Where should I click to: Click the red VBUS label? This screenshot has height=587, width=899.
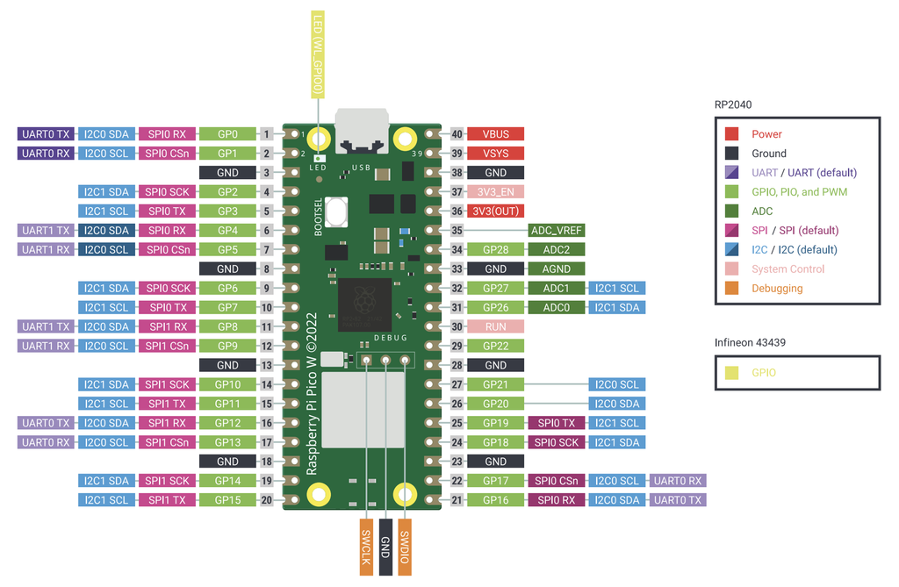[495, 134]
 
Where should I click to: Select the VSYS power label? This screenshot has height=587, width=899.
[495, 154]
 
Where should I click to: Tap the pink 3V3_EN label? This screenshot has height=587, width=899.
[495, 192]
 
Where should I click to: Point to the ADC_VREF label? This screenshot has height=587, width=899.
[556, 231]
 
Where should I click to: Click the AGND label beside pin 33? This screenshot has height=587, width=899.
[556, 269]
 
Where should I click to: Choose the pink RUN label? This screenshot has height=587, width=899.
[495, 326]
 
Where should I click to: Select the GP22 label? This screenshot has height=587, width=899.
[495, 346]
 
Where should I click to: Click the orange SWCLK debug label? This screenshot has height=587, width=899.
[366, 548]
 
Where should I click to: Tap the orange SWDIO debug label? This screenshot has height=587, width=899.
[405, 548]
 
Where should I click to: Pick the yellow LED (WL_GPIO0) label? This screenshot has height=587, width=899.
[317, 54]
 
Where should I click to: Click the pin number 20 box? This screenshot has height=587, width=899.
[266, 500]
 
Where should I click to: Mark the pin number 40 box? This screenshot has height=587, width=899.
[457, 134]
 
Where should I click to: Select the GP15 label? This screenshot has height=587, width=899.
[227, 500]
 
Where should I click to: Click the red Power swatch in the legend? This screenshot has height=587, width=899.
[731, 134]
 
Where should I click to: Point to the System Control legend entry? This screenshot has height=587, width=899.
[788, 269]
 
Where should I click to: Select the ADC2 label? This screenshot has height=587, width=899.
[556, 250]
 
